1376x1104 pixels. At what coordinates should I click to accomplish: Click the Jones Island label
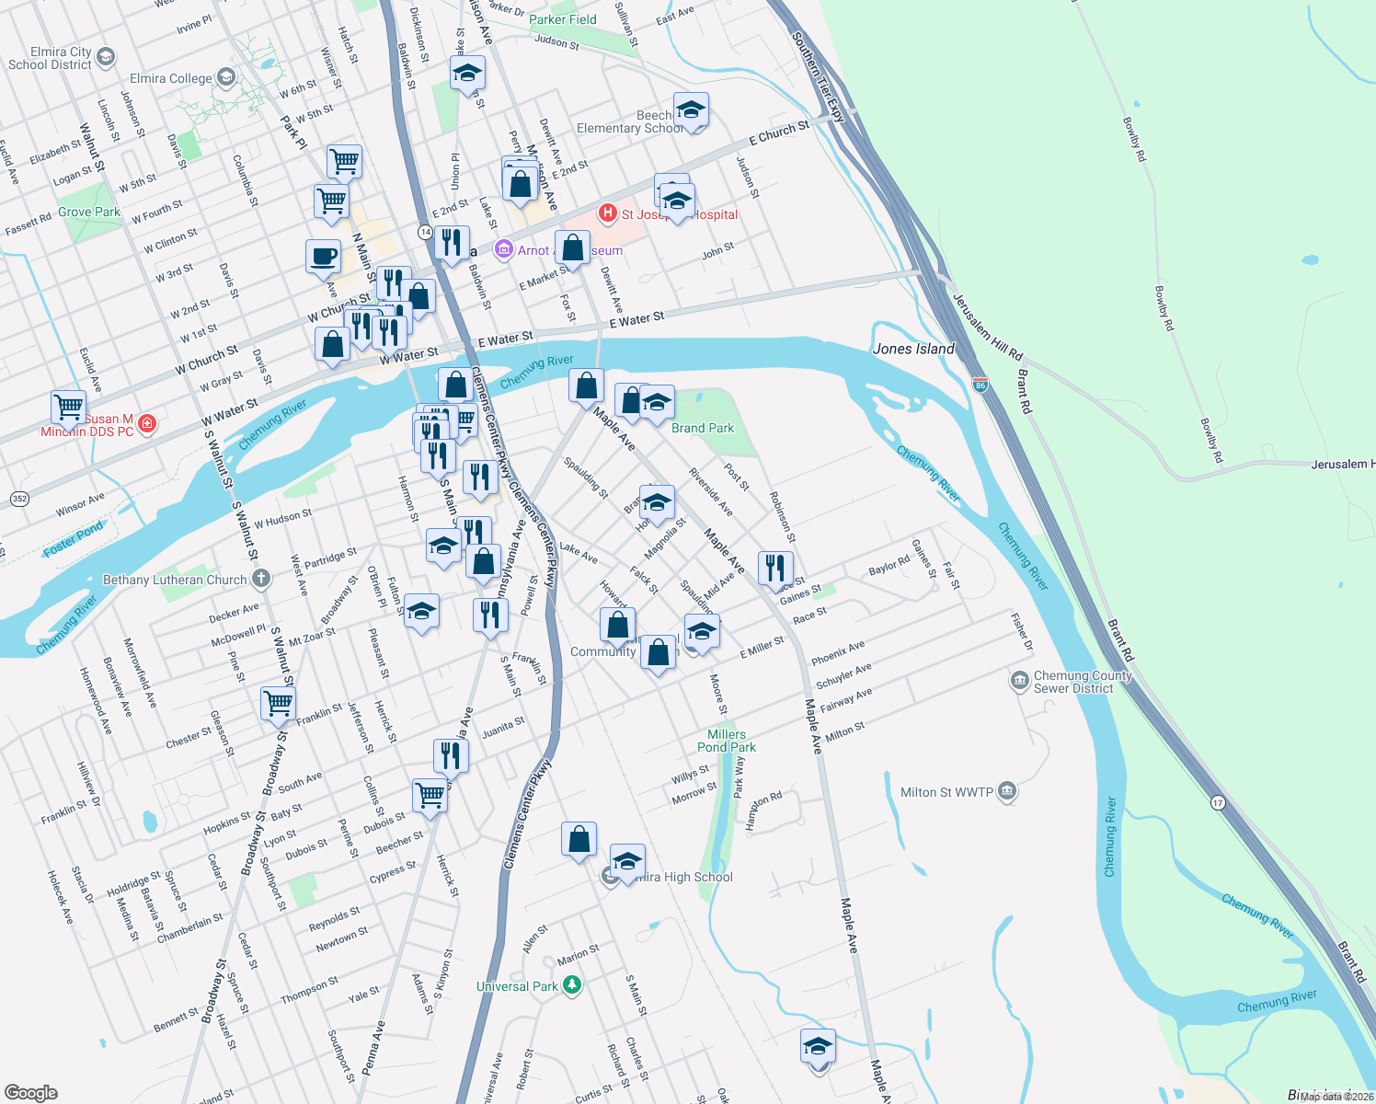click(x=913, y=349)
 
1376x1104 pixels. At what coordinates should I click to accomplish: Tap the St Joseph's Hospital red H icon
click(x=607, y=213)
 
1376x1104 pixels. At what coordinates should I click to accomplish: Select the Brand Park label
click(x=703, y=428)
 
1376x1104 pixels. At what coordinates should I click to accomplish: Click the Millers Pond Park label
click(x=727, y=741)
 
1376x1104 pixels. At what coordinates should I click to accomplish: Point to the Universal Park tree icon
click(x=572, y=986)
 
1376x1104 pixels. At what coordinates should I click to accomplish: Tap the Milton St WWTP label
click(x=946, y=792)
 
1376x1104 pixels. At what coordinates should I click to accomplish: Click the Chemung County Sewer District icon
click(x=1019, y=681)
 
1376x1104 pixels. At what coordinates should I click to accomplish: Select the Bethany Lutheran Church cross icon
click(x=261, y=579)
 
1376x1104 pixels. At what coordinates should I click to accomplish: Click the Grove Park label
click(x=89, y=212)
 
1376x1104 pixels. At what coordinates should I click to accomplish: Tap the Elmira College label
click(x=171, y=78)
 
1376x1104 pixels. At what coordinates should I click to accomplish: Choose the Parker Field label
click(x=563, y=19)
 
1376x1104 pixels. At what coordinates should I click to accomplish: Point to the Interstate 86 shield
click(x=980, y=385)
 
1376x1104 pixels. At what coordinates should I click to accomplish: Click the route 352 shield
click(x=19, y=499)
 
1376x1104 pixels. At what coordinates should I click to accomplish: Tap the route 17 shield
click(x=1218, y=802)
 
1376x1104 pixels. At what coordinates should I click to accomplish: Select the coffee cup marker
click(x=323, y=257)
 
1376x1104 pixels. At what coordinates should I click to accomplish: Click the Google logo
click(x=30, y=1092)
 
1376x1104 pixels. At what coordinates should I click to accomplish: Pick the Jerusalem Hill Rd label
click(x=987, y=328)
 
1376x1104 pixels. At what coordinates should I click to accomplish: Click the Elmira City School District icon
click(x=106, y=58)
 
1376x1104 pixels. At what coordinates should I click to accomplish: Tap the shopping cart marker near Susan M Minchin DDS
click(x=68, y=406)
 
